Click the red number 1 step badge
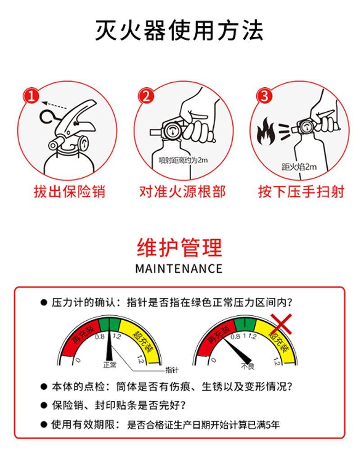tap(31, 96)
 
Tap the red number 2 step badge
tap(146, 96)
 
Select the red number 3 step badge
tap(264, 96)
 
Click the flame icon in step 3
tap(265, 131)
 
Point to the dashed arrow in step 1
tap(54, 105)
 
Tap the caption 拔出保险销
tap(69, 192)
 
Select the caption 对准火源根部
tap(182, 192)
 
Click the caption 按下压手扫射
tap(301, 192)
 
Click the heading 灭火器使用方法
tap(180, 30)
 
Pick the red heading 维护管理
tap(180, 247)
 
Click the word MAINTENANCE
tap(179, 269)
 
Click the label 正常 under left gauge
tap(110, 365)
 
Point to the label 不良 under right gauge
tap(247, 366)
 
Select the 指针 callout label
tap(172, 370)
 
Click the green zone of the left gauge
tap(109, 325)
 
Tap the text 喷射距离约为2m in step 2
tap(183, 160)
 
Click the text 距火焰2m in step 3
tap(299, 167)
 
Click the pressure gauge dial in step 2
tap(172, 130)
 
